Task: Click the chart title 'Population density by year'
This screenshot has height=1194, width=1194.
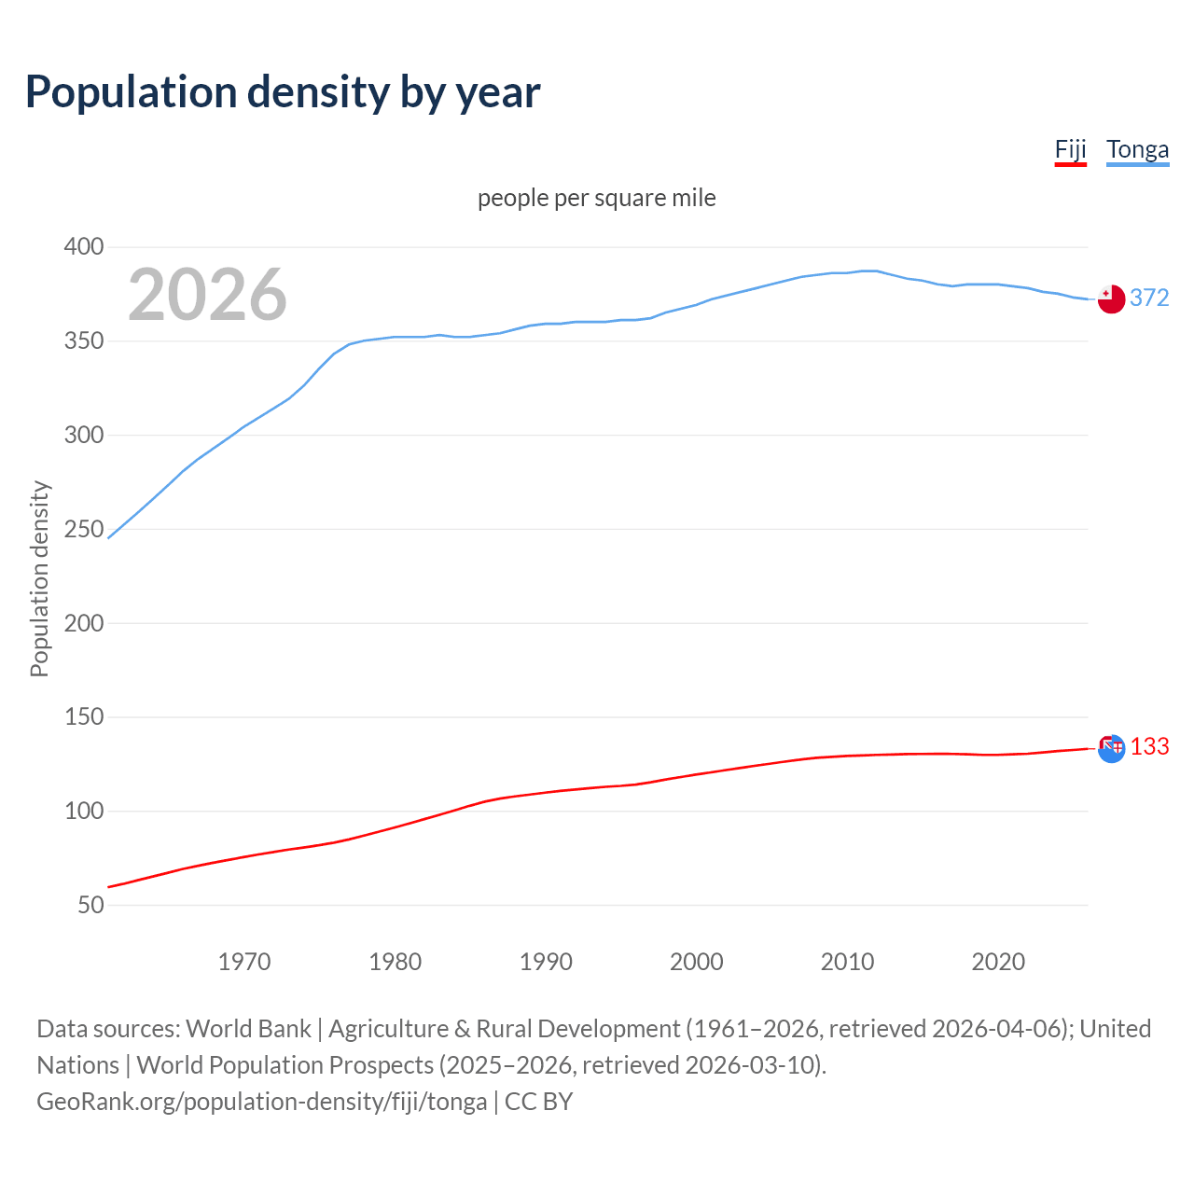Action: [283, 92]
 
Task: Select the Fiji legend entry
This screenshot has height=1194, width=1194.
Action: [1070, 150]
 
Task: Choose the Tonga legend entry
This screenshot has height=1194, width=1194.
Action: [1137, 150]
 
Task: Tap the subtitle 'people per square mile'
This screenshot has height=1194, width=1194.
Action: [596, 198]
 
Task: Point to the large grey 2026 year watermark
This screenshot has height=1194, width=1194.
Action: [207, 295]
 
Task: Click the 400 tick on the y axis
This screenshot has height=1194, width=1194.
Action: [84, 247]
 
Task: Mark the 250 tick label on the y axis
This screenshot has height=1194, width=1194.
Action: [84, 529]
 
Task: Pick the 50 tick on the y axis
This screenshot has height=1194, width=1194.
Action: [90, 905]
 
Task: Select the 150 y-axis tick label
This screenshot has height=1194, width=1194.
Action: [84, 717]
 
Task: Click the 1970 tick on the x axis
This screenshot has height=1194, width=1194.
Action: [244, 962]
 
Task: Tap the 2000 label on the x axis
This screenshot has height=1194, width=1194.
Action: [697, 962]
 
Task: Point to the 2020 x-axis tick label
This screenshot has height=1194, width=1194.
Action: [998, 962]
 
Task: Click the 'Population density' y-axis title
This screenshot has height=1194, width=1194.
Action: [39, 578]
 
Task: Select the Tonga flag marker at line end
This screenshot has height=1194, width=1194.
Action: [1111, 299]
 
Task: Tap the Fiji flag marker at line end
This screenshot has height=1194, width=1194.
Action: [1111, 748]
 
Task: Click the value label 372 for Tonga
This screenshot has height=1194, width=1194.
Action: [1149, 298]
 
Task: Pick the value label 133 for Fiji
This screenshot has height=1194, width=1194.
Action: [1149, 747]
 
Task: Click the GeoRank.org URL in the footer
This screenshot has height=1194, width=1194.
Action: [261, 1102]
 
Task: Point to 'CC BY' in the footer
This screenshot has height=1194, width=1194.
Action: [538, 1102]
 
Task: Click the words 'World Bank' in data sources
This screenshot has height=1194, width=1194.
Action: [248, 1029]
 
